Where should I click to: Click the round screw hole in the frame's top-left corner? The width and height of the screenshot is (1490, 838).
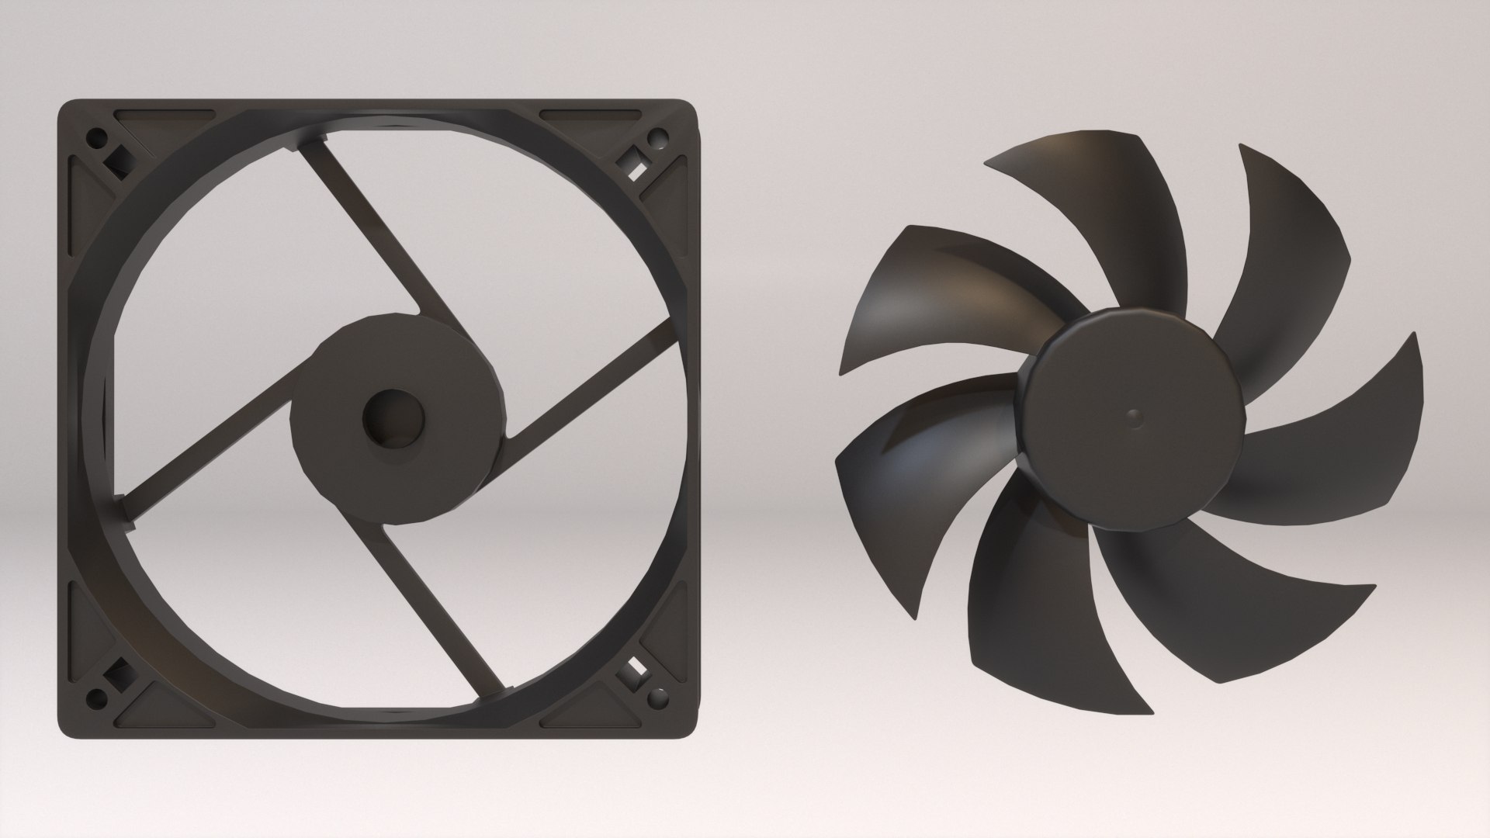pos(98,140)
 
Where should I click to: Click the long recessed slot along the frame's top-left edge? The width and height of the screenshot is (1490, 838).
pos(163,116)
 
